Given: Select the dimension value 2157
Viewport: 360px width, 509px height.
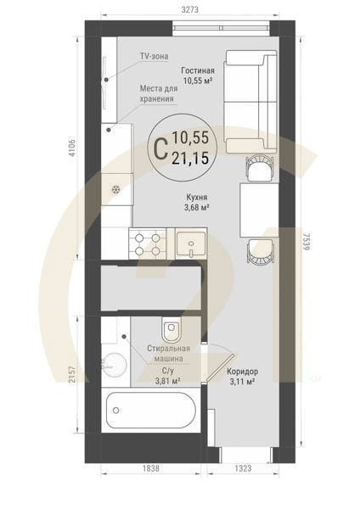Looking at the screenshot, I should (x=72, y=375).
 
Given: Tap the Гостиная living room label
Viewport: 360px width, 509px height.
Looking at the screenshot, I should (x=197, y=76).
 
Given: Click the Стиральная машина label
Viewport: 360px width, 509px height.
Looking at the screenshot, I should (x=166, y=353).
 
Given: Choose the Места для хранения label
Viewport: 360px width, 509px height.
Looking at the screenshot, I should (x=163, y=93).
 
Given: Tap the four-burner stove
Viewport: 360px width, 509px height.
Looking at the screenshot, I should (x=141, y=243).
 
